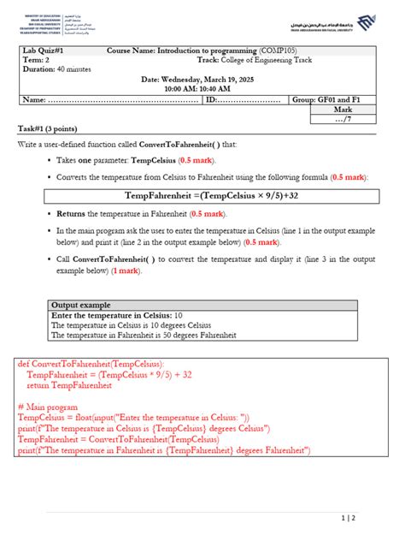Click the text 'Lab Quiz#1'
(42, 51)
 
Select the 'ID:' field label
(211, 100)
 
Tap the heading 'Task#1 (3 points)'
(50, 128)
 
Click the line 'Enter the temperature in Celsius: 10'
(110, 315)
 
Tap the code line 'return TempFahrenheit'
(69, 385)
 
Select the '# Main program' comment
(47, 407)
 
